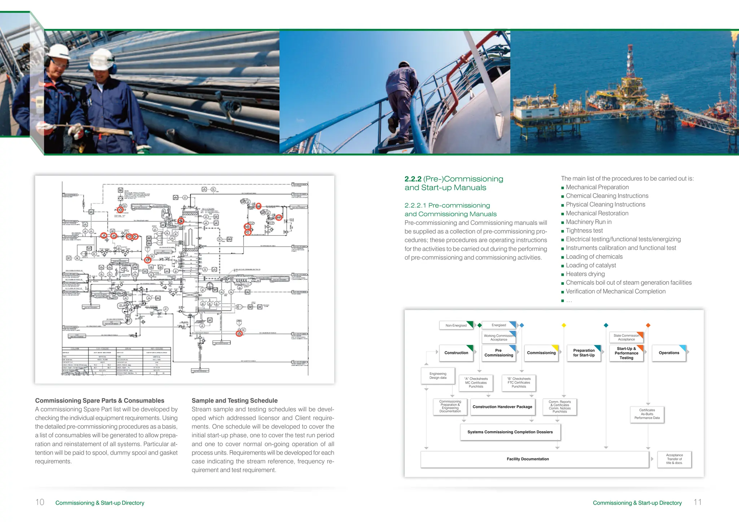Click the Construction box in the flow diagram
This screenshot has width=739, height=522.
coord(456,353)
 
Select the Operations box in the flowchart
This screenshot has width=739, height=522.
coord(669,353)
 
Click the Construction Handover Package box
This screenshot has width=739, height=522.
coord(502,407)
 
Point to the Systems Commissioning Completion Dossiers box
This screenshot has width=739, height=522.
coord(510,432)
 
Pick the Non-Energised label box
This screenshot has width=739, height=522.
coord(456,326)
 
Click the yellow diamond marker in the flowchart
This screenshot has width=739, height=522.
coord(564,326)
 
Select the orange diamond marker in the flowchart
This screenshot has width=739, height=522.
coord(648,326)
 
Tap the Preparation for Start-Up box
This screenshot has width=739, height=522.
coord(583,353)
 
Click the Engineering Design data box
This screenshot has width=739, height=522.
coord(438,376)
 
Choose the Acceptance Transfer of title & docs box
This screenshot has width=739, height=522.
coord(674,459)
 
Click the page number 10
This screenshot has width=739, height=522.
coord(40,502)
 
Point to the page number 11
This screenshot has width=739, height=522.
coord(698,502)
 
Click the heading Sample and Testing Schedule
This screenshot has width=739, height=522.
coord(235,401)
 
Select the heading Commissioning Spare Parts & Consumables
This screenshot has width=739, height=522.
coord(100,401)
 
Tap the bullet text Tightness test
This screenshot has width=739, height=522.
coord(584,231)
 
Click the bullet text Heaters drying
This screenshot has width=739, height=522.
coord(585,274)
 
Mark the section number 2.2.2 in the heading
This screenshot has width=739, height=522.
coord(413,179)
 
